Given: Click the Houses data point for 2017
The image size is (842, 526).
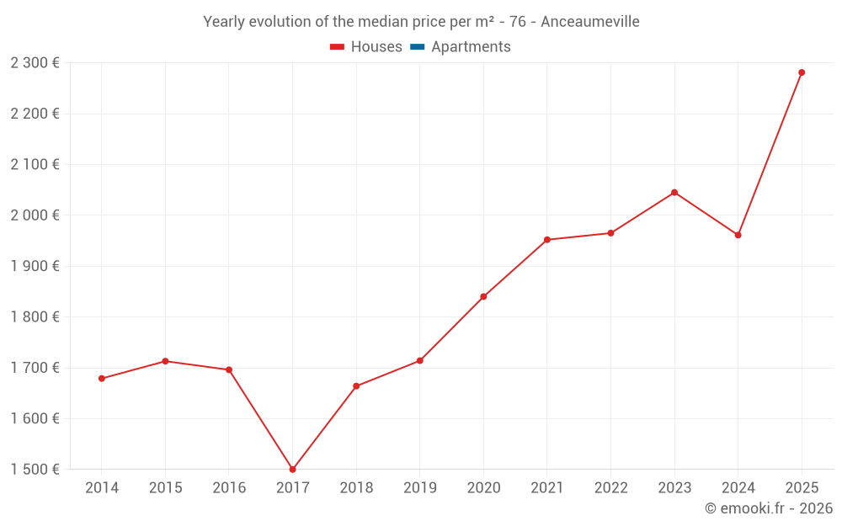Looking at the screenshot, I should tap(292, 470).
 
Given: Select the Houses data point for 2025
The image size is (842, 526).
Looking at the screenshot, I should tap(802, 72).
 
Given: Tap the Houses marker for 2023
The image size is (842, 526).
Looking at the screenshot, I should tap(674, 193).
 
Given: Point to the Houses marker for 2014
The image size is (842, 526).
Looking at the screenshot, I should tap(102, 379).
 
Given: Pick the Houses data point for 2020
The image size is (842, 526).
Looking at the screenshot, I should tap(483, 296).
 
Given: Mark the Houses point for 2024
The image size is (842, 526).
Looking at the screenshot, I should tap(738, 235).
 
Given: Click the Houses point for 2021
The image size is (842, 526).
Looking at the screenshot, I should tap(547, 240).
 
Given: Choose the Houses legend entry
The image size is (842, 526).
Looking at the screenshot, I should tap(366, 47).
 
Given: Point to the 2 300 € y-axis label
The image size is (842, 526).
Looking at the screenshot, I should tap(35, 63).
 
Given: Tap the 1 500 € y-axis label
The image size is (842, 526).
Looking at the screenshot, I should tap(35, 470).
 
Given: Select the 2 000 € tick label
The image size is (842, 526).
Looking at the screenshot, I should tap(35, 215).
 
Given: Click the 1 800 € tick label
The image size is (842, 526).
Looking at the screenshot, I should tap(35, 317).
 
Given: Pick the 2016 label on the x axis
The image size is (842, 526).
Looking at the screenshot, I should tap(229, 488).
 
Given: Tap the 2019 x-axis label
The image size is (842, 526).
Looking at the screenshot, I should tap(420, 488).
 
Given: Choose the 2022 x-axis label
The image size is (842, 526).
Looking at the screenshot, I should tap(610, 488).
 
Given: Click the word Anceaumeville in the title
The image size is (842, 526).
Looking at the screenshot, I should tap(589, 22).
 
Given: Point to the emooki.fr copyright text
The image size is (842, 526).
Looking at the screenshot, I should tap(769, 508).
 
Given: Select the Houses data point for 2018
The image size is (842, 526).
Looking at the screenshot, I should tap(356, 386).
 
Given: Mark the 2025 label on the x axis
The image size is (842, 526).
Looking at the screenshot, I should tap(802, 488).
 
